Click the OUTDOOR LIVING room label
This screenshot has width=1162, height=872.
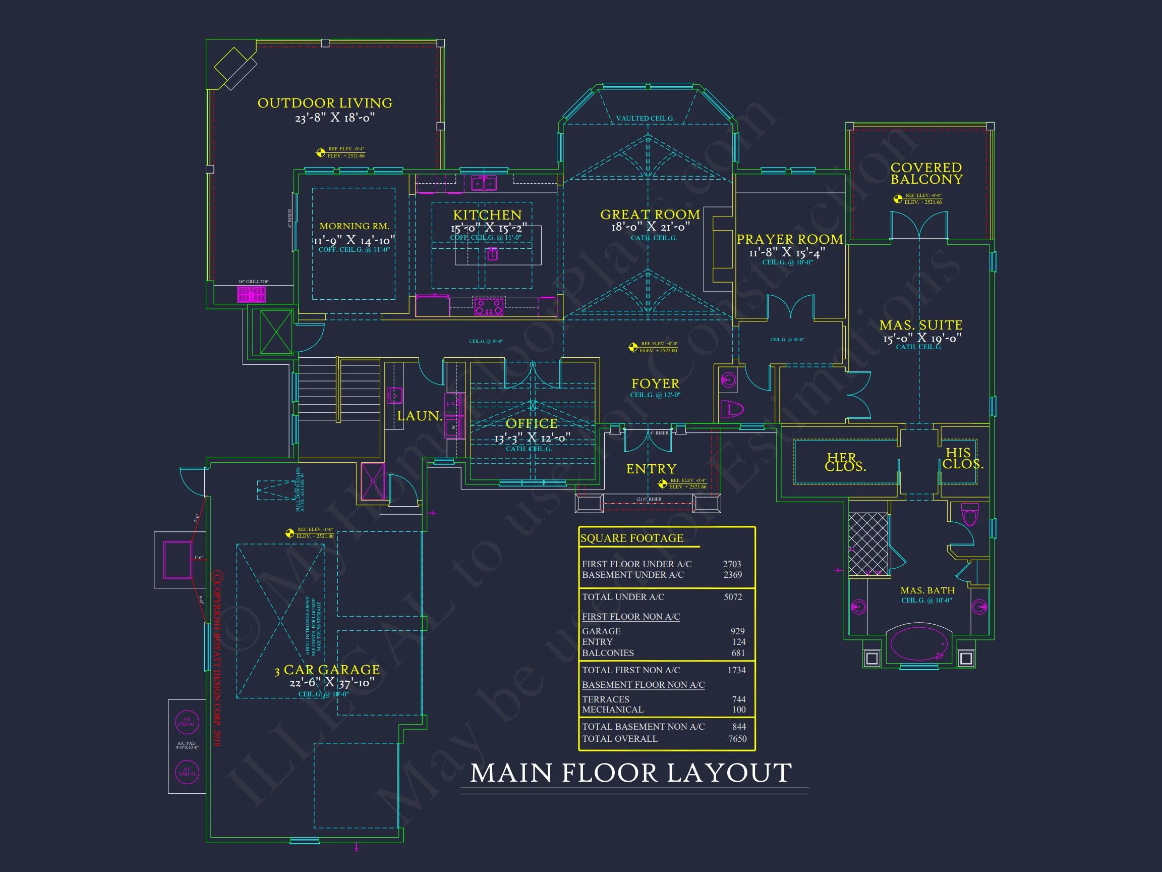point(325,103)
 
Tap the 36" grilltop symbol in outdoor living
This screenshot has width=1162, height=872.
point(251,294)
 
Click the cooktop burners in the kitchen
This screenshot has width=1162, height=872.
point(489,306)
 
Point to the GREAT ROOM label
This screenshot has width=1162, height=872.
point(650,214)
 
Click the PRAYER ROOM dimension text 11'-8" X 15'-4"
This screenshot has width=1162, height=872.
point(786,253)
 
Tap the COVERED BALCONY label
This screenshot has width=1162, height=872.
point(926,174)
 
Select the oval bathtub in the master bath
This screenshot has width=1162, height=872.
point(918,643)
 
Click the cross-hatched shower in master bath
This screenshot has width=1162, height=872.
point(868,544)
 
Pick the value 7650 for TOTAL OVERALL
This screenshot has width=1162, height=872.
point(737,738)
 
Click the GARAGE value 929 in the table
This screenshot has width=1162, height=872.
point(737,631)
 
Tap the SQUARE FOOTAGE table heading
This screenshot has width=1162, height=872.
point(631,538)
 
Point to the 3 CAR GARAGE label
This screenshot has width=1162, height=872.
point(327,670)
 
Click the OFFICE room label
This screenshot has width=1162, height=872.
point(531,424)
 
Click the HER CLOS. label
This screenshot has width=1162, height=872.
point(845,462)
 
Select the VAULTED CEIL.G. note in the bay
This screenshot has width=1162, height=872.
point(645,118)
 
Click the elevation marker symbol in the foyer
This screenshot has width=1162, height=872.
point(633,347)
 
